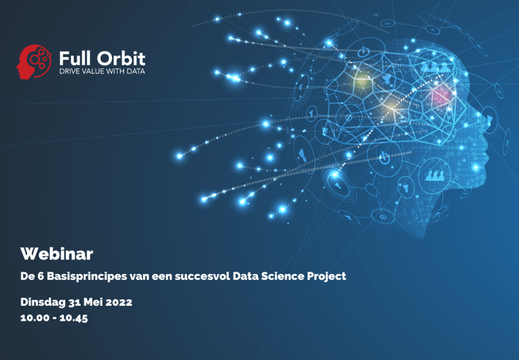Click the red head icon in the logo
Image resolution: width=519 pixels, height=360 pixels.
[x=33, y=61]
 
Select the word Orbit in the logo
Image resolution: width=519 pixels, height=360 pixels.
[x=122, y=57]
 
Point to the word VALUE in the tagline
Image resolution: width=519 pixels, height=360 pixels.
[x=92, y=72]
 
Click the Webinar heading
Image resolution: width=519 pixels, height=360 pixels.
[x=56, y=254]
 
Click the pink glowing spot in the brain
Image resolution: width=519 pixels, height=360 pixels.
[x=441, y=95]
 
